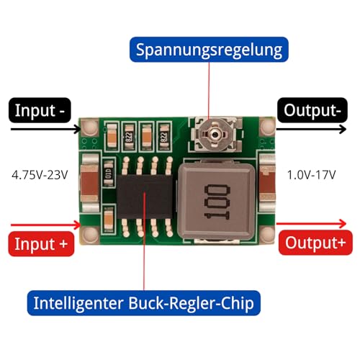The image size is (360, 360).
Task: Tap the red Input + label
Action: pos(42,244)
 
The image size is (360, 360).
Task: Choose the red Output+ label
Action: pos(311,242)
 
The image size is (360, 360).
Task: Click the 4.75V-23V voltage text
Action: pos(41,174)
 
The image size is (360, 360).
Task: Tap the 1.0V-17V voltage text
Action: pos(311,174)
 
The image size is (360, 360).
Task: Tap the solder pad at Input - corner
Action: pos(91,130)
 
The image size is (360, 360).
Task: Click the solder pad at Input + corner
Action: pos(91,233)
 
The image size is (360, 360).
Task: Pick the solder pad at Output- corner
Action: pos(265,130)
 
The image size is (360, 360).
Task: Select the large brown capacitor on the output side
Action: pos(266,180)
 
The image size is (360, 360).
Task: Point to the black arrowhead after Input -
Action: pos(78,130)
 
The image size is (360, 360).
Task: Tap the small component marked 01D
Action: pos(108,171)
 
